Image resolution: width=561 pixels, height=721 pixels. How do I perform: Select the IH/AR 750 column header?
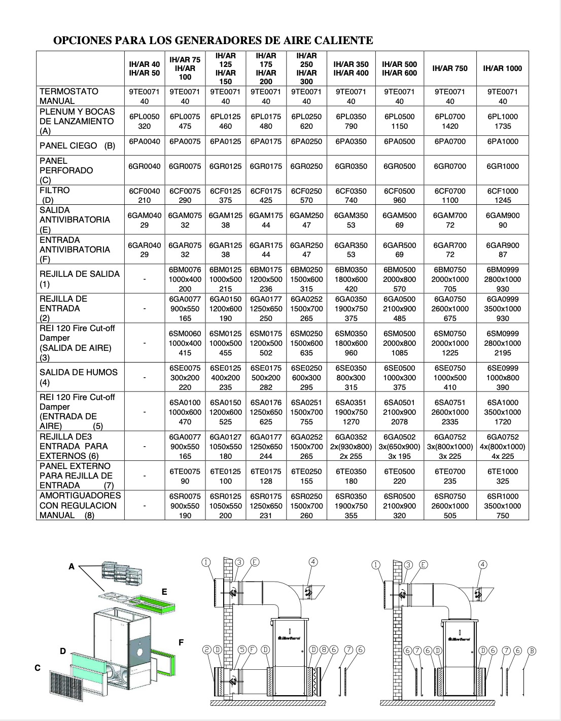click(x=450, y=68)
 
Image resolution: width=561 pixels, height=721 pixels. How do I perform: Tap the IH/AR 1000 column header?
click(x=502, y=68)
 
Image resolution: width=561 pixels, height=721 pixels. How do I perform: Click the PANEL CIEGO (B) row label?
click(x=78, y=146)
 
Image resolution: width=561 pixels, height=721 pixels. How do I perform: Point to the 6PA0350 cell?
click(x=351, y=141)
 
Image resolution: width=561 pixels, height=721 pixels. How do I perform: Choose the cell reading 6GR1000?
click(x=502, y=166)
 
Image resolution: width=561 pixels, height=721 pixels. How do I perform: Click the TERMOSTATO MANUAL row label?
click(x=69, y=96)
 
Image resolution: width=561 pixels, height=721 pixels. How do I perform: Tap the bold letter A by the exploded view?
click(x=72, y=566)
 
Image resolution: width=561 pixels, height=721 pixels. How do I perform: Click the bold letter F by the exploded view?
click(x=181, y=642)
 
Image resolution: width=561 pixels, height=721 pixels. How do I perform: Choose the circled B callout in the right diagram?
click(x=532, y=651)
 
